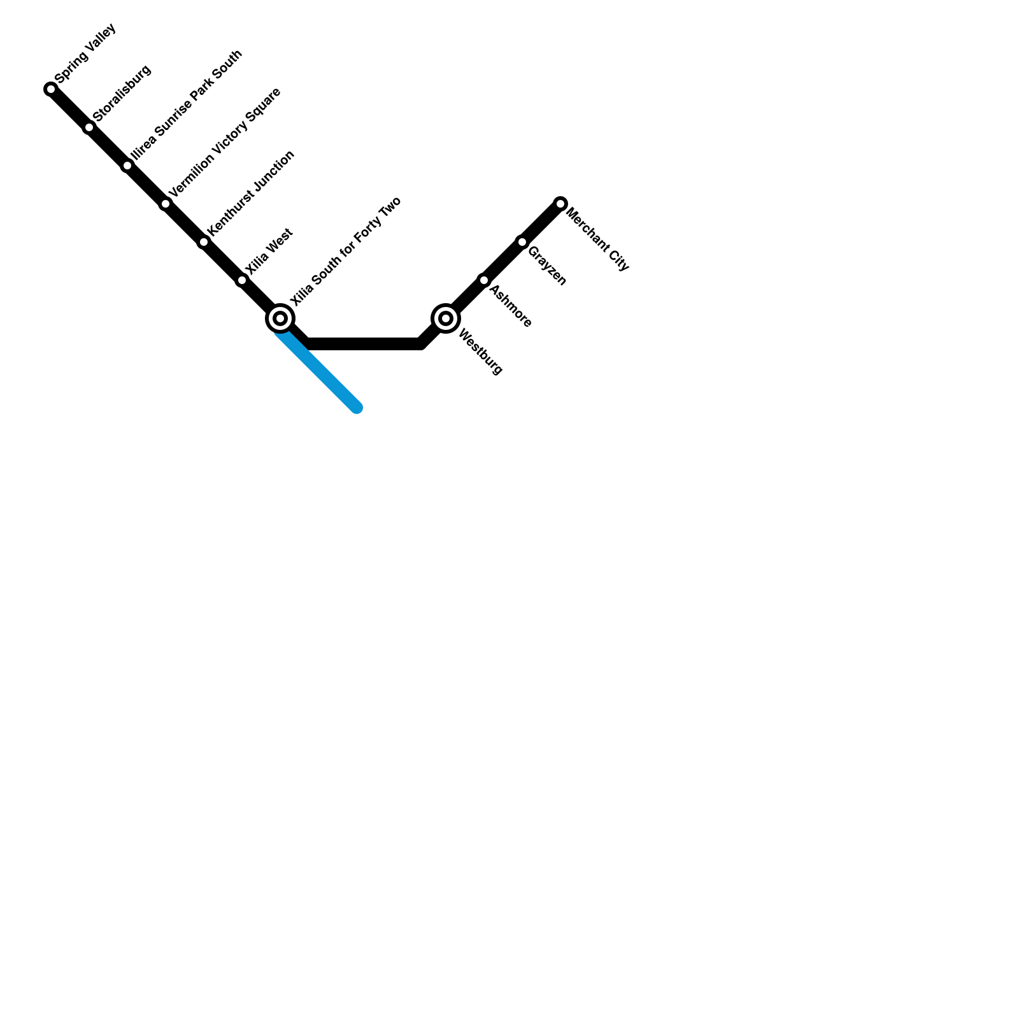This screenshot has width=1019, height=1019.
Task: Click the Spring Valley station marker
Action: click(51, 89)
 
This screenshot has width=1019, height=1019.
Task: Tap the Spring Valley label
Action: click(85, 53)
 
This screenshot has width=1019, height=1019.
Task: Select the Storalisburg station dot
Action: click(89, 127)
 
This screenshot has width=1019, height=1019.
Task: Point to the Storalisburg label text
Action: click(122, 93)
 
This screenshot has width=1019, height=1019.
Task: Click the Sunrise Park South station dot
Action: click(127, 166)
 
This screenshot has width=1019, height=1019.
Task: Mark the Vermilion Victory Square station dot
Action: click(166, 204)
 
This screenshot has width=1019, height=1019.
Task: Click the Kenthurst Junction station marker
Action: click(204, 242)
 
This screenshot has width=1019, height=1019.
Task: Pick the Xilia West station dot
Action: click(242, 280)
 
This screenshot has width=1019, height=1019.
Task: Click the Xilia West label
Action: click(269, 252)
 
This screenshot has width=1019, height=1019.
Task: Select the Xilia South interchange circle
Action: click(280, 318)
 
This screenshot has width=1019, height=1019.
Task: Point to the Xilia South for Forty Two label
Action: click(345, 251)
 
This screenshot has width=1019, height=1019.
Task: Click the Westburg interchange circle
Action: click(446, 318)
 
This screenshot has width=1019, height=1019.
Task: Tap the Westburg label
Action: click(480, 352)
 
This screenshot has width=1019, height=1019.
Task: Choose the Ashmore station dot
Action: click(484, 280)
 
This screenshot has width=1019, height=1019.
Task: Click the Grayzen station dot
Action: click(522, 242)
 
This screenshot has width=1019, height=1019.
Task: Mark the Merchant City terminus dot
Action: click(560, 204)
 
